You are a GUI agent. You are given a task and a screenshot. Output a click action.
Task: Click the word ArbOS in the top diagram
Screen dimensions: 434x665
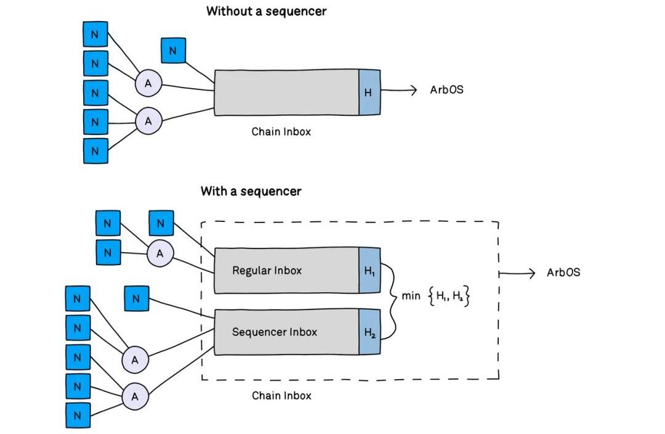446,90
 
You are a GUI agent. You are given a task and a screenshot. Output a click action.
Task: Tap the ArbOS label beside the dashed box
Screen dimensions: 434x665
563,272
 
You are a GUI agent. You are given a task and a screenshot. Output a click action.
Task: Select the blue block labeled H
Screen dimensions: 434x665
369,92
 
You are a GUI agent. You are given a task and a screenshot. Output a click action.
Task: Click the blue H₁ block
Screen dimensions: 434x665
369,270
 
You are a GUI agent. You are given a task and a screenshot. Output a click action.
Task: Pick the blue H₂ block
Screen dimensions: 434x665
369,333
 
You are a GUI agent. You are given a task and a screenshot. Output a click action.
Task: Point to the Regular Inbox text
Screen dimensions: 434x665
267,270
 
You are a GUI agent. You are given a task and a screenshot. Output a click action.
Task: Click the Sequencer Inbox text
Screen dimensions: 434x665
274,332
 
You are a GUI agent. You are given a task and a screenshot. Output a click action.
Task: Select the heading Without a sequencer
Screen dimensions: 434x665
265,11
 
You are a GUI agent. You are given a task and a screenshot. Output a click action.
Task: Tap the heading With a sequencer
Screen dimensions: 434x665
251,191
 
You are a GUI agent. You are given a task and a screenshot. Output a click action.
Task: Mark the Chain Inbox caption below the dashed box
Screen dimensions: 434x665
281,396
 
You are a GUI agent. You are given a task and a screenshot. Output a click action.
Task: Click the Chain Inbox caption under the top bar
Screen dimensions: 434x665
281,131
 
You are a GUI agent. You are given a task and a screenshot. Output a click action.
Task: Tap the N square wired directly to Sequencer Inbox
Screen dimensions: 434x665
136,299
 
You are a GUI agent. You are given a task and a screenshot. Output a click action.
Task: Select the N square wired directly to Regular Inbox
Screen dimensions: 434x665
161,223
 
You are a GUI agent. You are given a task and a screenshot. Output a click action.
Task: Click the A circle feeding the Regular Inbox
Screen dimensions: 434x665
160,253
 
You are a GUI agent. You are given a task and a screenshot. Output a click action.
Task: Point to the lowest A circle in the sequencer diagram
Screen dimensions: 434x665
135,396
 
